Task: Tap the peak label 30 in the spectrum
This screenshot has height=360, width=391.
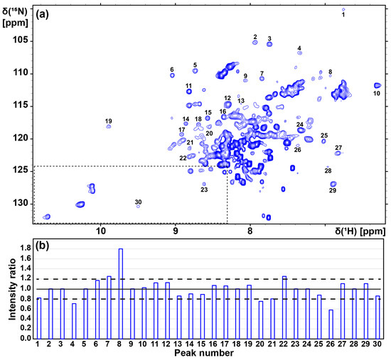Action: pos(138,202)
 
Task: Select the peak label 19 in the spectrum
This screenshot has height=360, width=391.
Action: pos(108,121)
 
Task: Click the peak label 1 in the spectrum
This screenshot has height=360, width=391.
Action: pos(343,14)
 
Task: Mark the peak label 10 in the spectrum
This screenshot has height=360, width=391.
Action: pos(377,93)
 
